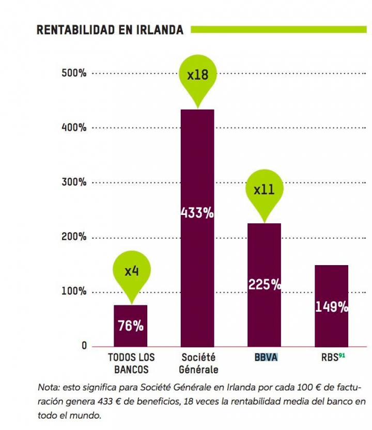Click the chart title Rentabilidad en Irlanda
point(110,30)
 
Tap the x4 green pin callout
point(131,271)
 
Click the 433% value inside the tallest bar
point(197,213)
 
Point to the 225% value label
point(265,284)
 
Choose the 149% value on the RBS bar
point(331,307)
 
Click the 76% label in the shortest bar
point(131,326)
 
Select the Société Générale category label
point(198,363)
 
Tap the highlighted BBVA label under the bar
point(266,357)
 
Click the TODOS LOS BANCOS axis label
point(131,363)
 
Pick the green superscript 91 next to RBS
point(342,355)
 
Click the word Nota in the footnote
point(48,387)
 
